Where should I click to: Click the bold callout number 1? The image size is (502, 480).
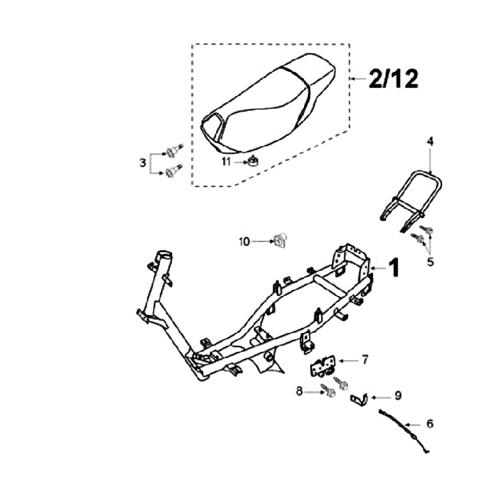393,268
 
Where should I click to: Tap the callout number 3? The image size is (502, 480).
143,163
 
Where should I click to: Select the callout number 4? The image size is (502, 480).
430,141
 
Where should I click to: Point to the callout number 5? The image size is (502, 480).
430,262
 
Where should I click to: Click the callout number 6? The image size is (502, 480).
429,424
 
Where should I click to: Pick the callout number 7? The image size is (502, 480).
364,360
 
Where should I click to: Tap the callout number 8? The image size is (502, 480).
301,392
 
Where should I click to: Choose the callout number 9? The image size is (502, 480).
397,396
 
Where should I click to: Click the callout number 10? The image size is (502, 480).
244,241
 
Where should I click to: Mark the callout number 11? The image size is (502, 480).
226,162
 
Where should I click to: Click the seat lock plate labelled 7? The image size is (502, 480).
325,363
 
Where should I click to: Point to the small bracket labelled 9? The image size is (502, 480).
358,399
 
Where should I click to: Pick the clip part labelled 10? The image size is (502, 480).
282,240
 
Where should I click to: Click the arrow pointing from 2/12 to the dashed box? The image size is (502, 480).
359,79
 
